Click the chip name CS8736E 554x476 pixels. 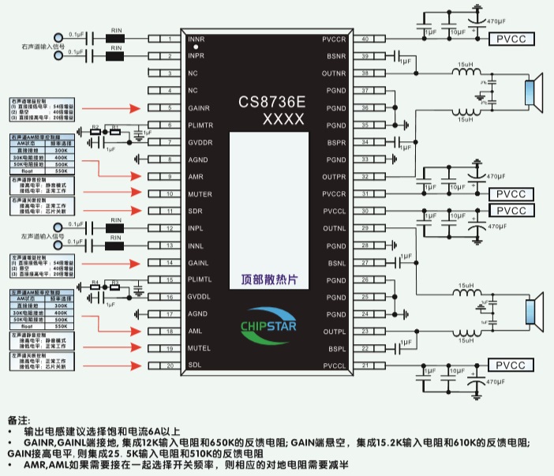(x=271, y=102)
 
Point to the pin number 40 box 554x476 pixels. (x=365, y=39)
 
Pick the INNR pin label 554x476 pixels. (x=197, y=39)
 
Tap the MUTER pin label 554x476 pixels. (x=200, y=193)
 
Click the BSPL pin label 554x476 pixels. (x=336, y=348)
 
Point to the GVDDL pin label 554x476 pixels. (x=200, y=297)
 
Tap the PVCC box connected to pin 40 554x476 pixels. (x=511, y=39)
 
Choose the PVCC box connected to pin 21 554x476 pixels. (x=511, y=365)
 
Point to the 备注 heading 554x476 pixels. (x=17, y=418)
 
